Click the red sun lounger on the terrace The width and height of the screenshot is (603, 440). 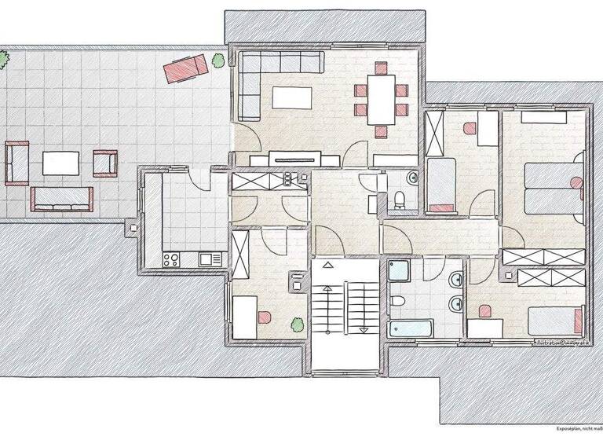pyautogui.click(x=185, y=68)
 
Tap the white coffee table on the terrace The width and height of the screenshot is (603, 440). pyautogui.click(x=61, y=163)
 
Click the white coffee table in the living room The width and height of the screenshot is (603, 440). pyautogui.click(x=292, y=98)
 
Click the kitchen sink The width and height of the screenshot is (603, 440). pyautogui.click(x=209, y=258)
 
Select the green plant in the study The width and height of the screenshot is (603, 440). pyautogui.click(x=297, y=322)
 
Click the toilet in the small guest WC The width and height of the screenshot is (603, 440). pyautogui.click(x=400, y=197)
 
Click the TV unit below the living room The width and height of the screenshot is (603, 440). pyautogui.click(x=295, y=159)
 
